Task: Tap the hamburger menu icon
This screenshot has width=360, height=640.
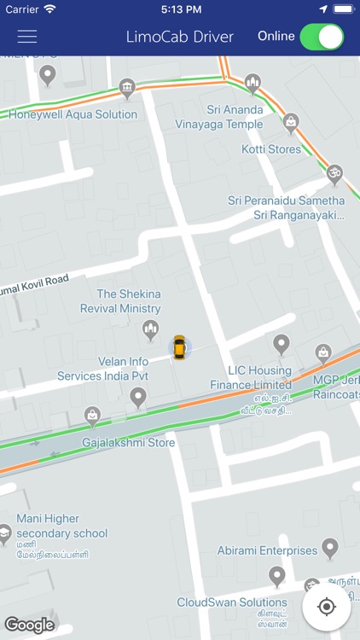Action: click(x=27, y=37)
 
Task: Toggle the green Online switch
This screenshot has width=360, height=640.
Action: click(x=322, y=37)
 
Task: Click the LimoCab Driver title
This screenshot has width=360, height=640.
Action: click(x=179, y=37)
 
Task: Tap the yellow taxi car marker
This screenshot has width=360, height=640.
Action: click(x=179, y=347)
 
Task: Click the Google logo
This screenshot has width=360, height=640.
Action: click(x=29, y=625)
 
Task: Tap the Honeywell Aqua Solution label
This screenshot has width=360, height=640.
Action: click(x=73, y=114)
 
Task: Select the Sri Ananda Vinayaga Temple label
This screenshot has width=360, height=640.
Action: click(x=235, y=117)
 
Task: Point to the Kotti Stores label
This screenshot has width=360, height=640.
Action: click(x=271, y=149)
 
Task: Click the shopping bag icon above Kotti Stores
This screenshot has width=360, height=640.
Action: click(x=291, y=122)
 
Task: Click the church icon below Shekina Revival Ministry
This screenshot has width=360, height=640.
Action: click(x=151, y=329)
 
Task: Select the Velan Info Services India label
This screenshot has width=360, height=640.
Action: click(x=102, y=369)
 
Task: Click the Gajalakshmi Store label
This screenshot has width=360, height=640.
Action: click(x=129, y=443)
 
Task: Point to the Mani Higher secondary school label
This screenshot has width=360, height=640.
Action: click(x=62, y=526)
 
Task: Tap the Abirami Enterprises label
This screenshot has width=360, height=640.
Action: click(x=267, y=551)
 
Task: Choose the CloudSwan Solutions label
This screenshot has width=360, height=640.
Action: click(x=232, y=602)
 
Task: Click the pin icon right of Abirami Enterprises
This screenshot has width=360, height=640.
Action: click(x=330, y=547)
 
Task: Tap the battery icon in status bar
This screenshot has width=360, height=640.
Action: click(x=343, y=9)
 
